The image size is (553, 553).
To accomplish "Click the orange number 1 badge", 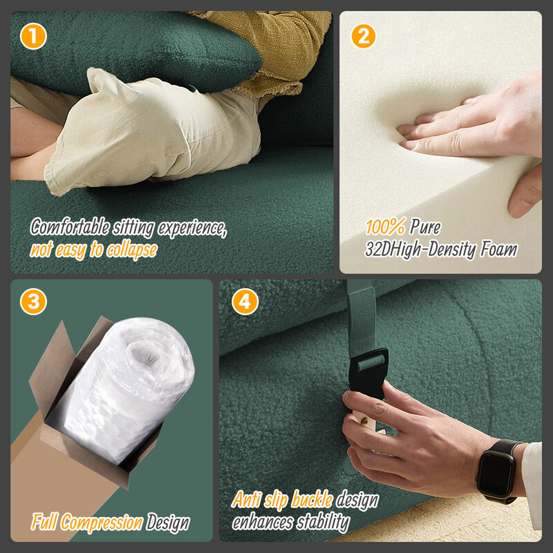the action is [x=33, y=36].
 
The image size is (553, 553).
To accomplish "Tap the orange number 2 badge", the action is [x=364, y=36].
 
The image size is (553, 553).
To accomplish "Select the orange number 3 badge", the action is [x=33, y=301].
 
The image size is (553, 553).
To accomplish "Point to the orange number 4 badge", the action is [x=245, y=301].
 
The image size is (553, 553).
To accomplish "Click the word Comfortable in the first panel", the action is [x=70, y=227].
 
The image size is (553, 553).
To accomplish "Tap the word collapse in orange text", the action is [x=132, y=250].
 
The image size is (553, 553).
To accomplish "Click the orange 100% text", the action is [x=385, y=226].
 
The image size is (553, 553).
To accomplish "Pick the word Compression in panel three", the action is [x=102, y=523].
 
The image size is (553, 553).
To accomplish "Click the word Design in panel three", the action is [x=168, y=523].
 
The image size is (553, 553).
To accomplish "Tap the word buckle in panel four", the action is [x=312, y=499].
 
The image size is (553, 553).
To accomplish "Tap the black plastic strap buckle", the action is [x=368, y=373].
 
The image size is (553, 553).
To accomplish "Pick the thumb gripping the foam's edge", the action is [x=525, y=192].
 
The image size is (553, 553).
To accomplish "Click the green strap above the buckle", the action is [x=361, y=317].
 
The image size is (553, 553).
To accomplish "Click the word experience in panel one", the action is [x=191, y=228].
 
